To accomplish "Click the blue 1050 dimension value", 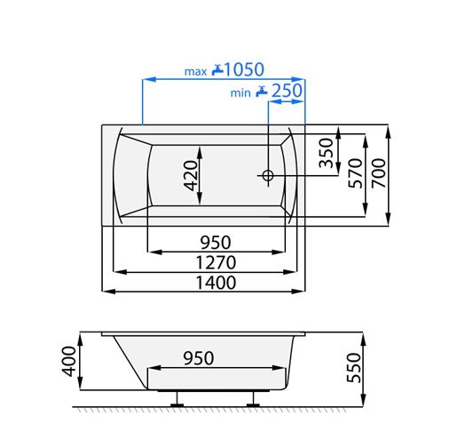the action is point(244,69).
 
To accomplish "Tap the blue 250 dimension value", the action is point(287,91).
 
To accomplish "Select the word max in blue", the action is point(195,72).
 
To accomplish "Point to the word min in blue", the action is point(240,93).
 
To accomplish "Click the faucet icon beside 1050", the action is point(217,70).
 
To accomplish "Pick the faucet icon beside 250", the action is point(262,92).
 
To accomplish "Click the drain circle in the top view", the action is point(268,175).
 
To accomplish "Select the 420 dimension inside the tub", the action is point(191,175).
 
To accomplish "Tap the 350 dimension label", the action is point(326,153).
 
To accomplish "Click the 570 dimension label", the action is point(355,173).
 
